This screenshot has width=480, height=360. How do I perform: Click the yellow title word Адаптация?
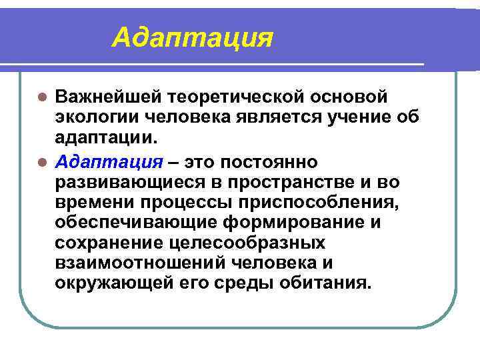(x=193, y=37)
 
